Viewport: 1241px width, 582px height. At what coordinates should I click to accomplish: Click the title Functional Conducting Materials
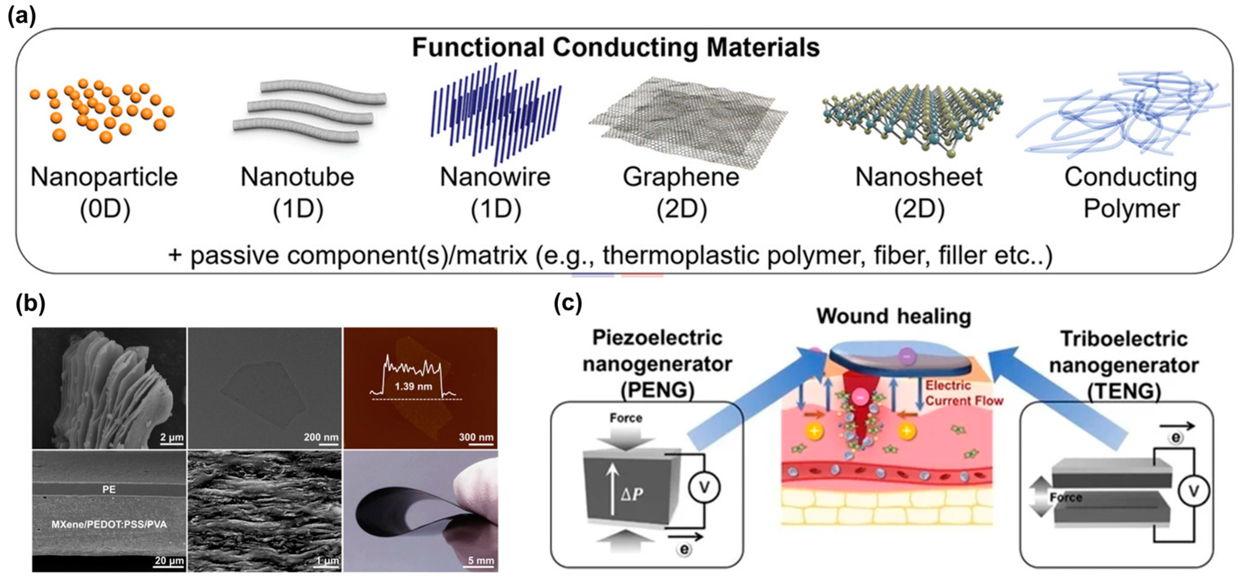pos(615,48)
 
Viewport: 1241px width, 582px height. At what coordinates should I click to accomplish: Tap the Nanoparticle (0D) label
pos(104,193)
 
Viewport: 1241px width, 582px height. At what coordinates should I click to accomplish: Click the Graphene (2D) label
pos(681,193)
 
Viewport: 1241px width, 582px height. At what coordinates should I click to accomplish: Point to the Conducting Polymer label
pos(1131,193)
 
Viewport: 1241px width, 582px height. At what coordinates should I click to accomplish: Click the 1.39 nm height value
pos(413,386)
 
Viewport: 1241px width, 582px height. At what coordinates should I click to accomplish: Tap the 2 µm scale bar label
pos(171,437)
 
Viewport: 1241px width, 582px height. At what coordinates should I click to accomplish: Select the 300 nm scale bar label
pos(476,437)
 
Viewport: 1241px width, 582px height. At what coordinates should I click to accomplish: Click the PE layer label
pos(109,489)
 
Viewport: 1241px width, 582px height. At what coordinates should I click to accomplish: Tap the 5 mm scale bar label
pos(480,560)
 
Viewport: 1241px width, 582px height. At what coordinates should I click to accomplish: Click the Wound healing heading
pos(894,316)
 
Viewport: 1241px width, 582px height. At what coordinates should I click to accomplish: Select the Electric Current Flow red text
pos(963,393)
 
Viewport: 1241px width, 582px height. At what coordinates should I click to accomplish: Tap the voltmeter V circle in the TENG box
pos(1194,491)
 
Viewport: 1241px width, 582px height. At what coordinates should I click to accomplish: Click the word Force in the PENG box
pos(625,418)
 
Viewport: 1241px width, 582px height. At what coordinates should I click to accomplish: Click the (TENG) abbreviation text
pos(1124,391)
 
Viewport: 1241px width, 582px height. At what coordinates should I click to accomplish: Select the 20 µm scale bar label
pos(169,560)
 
